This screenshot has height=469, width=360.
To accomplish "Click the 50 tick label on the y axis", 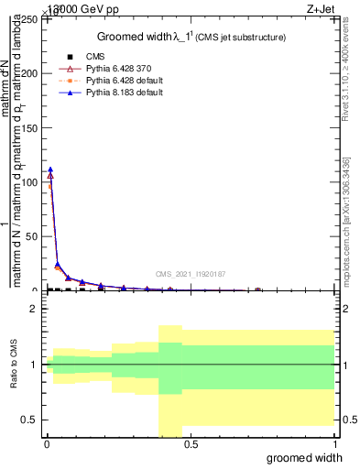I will (34, 236).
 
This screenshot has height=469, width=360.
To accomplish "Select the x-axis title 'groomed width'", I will (309, 456).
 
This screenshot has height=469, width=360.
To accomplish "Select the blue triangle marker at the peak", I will (50, 169).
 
